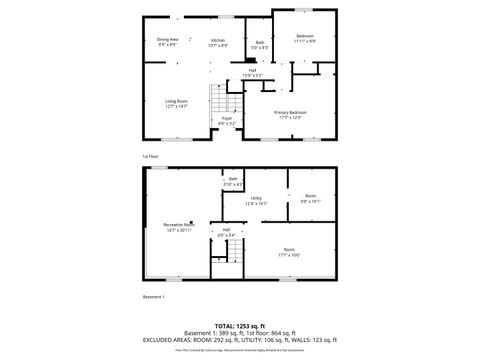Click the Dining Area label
(168, 42)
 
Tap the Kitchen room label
(217, 42)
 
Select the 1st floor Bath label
(259, 44)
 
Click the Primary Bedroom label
(290, 114)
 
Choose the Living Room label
(178, 103)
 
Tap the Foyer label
(227, 121)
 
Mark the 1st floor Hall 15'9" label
(253, 72)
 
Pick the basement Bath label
(233, 181)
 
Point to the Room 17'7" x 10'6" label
(289, 252)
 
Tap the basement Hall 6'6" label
(227, 233)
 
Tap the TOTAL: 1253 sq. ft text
(240, 326)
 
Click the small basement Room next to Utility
(310, 198)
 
